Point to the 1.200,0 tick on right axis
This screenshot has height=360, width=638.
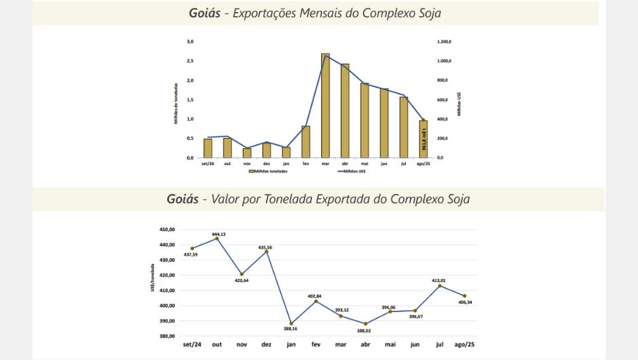(x=445, y=41)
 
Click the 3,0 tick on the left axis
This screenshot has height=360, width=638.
(x=191, y=41)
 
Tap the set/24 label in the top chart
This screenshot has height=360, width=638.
(x=208, y=164)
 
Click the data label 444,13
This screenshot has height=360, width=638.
(x=219, y=234)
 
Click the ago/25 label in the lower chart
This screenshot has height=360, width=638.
(x=465, y=344)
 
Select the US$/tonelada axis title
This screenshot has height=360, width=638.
(x=153, y=282)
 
